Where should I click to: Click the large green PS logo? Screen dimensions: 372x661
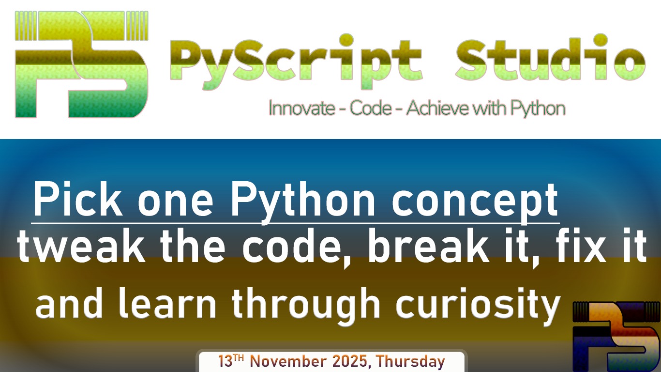tap(81, 64)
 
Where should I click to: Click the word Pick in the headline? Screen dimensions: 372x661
tap(73, 200)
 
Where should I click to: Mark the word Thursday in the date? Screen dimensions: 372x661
tap(410, 362)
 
